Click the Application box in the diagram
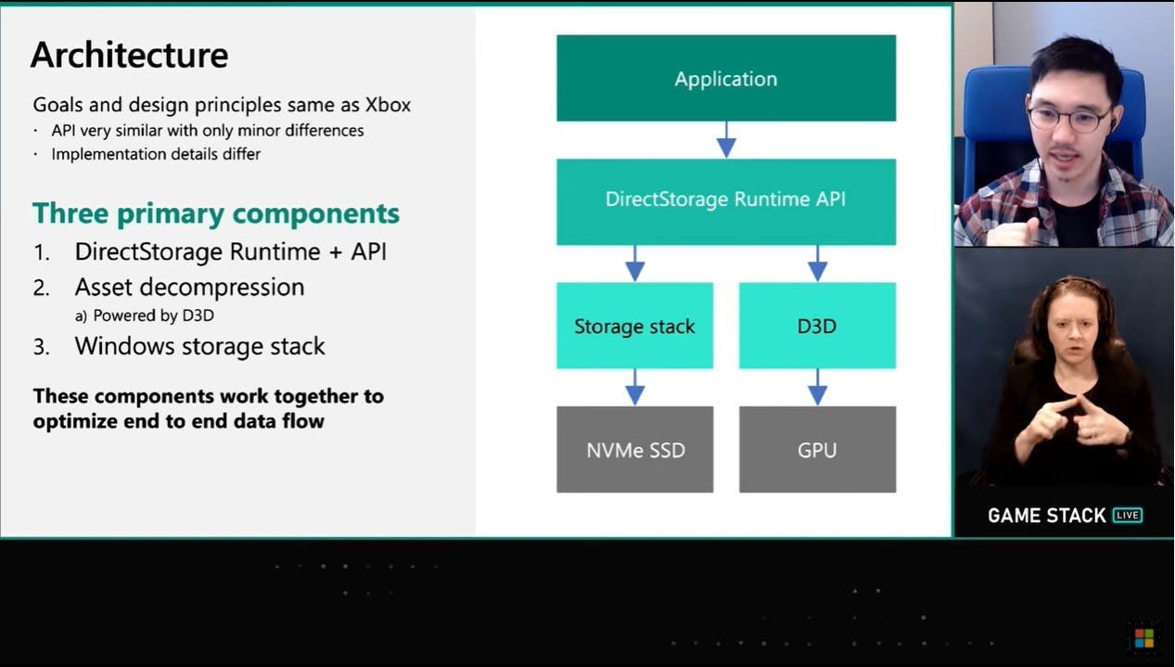pos(726,79)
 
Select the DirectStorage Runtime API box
pos(726,200)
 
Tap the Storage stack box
pos(634,326)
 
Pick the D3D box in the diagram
pos(817,326)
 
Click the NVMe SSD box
pos(634,450)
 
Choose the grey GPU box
pos(817,450)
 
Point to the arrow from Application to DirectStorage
pos(726,140)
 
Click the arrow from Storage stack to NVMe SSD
pos(634,387)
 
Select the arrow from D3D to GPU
pos(817,387)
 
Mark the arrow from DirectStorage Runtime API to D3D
pos(817,263)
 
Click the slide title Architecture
pos(129,55)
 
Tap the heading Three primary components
pos(216,213)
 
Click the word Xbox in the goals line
pos(386,105)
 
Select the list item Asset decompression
pos(189,288)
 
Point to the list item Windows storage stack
pos(199,347)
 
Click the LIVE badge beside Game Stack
pos(1128,516)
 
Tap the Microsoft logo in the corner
pos(1143,638)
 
